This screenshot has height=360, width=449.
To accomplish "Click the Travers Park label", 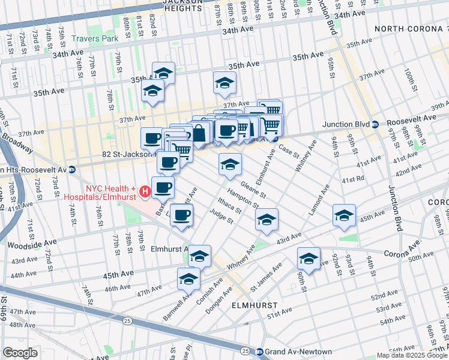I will point(95,39).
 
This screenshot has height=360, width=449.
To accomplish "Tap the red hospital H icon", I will point(145,192).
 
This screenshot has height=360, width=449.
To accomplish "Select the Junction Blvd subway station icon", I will point(375,125).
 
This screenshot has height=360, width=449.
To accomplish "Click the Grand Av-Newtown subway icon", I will point(260,352).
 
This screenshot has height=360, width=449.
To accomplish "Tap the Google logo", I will point(20,352).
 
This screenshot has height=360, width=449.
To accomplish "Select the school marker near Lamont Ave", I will point(343,215).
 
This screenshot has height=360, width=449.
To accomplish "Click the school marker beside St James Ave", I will point(309,259).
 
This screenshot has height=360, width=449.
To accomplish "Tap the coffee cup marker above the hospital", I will point(163,187).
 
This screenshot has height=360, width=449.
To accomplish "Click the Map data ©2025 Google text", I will point(411,355).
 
